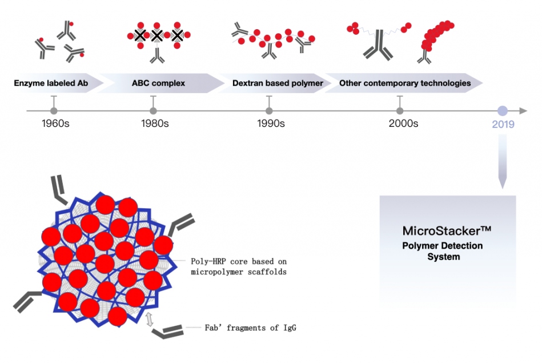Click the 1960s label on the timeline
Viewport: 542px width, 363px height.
(x=55, y=123)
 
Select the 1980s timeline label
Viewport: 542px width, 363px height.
(x=155, y=123)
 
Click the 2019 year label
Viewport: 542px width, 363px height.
(x=503, y=124)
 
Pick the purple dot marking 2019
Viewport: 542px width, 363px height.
(x=503, y=111)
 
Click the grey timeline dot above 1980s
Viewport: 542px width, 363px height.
(x=153, y=111)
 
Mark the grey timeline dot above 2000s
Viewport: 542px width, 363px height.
(x=400, y=111)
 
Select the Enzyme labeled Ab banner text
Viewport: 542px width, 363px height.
(x=52, y=83)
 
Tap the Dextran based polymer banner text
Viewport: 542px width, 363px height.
(x=278, y=83)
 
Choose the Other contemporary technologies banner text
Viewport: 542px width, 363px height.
(x=405, y=83)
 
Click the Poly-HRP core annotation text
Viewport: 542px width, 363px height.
(x=238, y=266)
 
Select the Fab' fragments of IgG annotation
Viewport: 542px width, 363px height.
(x=251, y=328)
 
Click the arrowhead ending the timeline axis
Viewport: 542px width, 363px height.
(x=524, y=111)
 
